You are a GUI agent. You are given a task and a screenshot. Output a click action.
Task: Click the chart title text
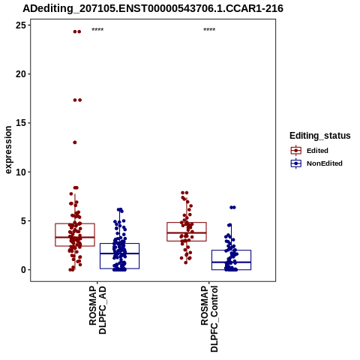tap(153, 9)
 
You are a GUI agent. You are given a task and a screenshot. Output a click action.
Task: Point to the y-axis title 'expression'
tap(8, 150)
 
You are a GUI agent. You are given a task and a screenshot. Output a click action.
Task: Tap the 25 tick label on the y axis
tap(21, 25)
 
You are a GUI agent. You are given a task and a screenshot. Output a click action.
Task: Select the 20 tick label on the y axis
tap(21, 74)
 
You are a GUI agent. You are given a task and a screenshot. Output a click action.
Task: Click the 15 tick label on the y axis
tap(21, 123)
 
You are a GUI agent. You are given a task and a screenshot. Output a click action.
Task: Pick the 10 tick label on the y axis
tap(21, 172)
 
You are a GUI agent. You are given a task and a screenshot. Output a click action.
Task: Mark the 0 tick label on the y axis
tap(23, 270)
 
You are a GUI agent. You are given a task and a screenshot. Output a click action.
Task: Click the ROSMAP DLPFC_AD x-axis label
tap(97, 310)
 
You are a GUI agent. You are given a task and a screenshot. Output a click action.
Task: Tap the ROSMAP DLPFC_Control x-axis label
tap(209, 319)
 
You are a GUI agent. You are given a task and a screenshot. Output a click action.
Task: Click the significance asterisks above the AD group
tap(97, 30)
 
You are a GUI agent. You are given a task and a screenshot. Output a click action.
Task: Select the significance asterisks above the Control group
tap(209, 30)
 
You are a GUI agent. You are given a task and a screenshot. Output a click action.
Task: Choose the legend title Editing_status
tap(320, 136)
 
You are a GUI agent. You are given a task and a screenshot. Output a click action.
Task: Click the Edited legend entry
tap(310, 151)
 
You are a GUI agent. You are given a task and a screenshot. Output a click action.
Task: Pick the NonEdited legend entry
tap(316, 163)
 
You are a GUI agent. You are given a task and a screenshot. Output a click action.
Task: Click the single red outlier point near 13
tap(75, 142)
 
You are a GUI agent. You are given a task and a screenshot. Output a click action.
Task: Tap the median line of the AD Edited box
tap(75, 237)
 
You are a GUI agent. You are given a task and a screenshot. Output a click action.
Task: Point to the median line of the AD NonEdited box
tap(119, 253)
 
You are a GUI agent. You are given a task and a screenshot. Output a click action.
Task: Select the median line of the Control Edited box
tap(187, 232)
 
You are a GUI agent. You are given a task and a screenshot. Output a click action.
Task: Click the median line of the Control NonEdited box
tap(231, 262)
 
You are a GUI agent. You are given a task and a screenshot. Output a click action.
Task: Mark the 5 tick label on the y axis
tap(23, 221)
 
